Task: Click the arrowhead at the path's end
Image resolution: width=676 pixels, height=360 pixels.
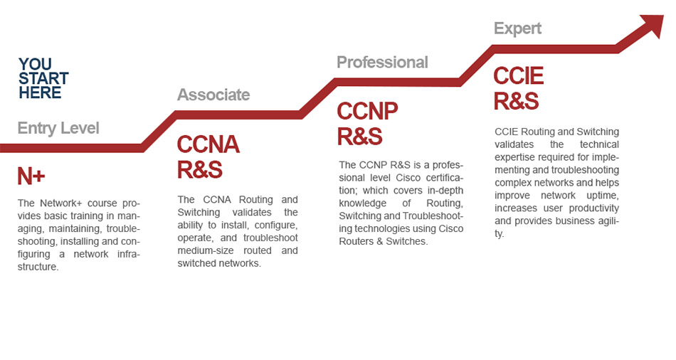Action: [653, 24]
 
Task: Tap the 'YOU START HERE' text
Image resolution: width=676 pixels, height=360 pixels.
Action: [43, 78]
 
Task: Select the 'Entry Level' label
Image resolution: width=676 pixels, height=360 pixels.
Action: [58, 128]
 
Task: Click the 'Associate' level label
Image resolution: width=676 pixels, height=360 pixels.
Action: [213, 95]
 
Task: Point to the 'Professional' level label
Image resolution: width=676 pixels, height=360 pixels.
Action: [382, 62]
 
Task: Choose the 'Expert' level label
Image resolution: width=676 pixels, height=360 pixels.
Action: [517, 28]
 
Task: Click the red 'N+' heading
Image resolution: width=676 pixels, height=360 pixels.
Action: [31, 176]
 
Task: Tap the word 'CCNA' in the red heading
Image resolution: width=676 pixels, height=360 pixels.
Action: [208, 144]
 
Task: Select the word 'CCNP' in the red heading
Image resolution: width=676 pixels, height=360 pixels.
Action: [367, 111]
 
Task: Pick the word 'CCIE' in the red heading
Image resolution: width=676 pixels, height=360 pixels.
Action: [519, 76]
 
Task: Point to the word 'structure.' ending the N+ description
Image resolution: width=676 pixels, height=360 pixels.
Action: [38, 267]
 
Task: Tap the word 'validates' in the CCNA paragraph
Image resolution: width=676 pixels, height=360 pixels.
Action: [252, 212]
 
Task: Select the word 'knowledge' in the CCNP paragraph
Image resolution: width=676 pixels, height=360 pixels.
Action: [363, 203]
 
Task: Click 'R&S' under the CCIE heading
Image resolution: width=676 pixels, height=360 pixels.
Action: [516, 101]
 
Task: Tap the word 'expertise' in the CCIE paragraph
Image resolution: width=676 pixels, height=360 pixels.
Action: [514, 157]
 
